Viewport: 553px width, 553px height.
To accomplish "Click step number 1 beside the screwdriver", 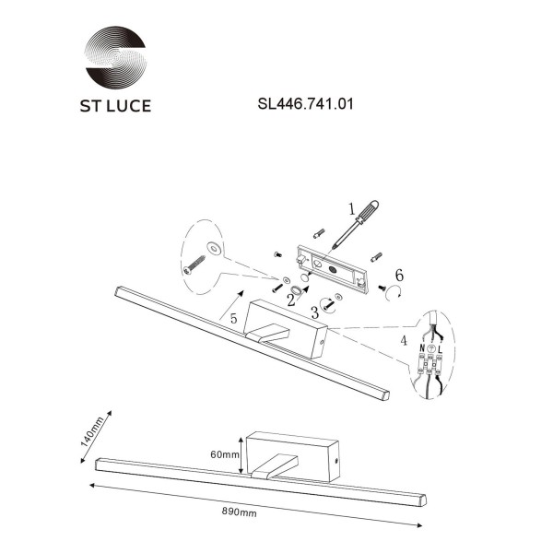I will coord(350,208).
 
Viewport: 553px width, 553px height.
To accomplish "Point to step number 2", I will coord(290,300).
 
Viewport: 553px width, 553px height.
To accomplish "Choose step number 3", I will coord(316,312).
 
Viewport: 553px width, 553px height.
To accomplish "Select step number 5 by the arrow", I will coord(234,318).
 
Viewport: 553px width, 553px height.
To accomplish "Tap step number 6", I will coord(398,276).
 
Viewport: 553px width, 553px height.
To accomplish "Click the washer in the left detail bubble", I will coord(213,247).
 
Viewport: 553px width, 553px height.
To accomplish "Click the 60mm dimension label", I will coord(224,455).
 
